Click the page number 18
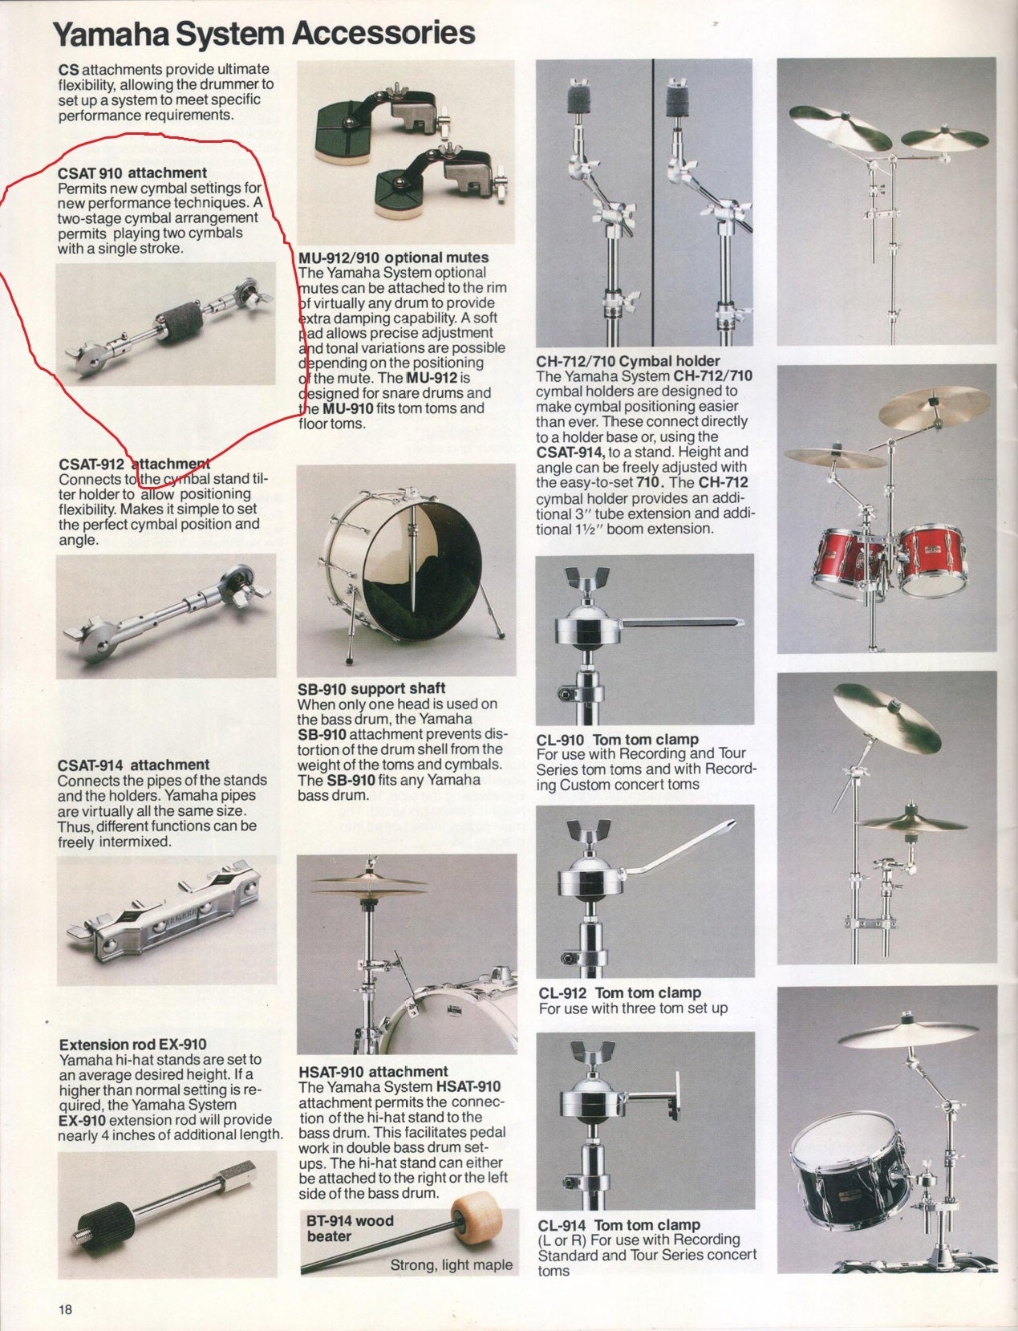pos(65,1309)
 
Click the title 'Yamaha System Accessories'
pos(264,34)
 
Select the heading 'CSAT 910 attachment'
pos(132,172)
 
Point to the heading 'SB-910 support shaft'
pos(371,688)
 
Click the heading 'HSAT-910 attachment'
pos(373,1071)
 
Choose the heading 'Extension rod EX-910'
pos(132,1044)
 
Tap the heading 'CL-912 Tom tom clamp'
pos(619,992)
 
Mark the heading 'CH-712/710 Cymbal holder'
pos(627,361)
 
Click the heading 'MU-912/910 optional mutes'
pos(393,258)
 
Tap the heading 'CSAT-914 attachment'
pos(133,765)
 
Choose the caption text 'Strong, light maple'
pos(451,1264)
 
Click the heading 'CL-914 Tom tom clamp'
pos(619,1225)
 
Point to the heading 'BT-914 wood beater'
pos(350,1228)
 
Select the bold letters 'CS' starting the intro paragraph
pos(68,69)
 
